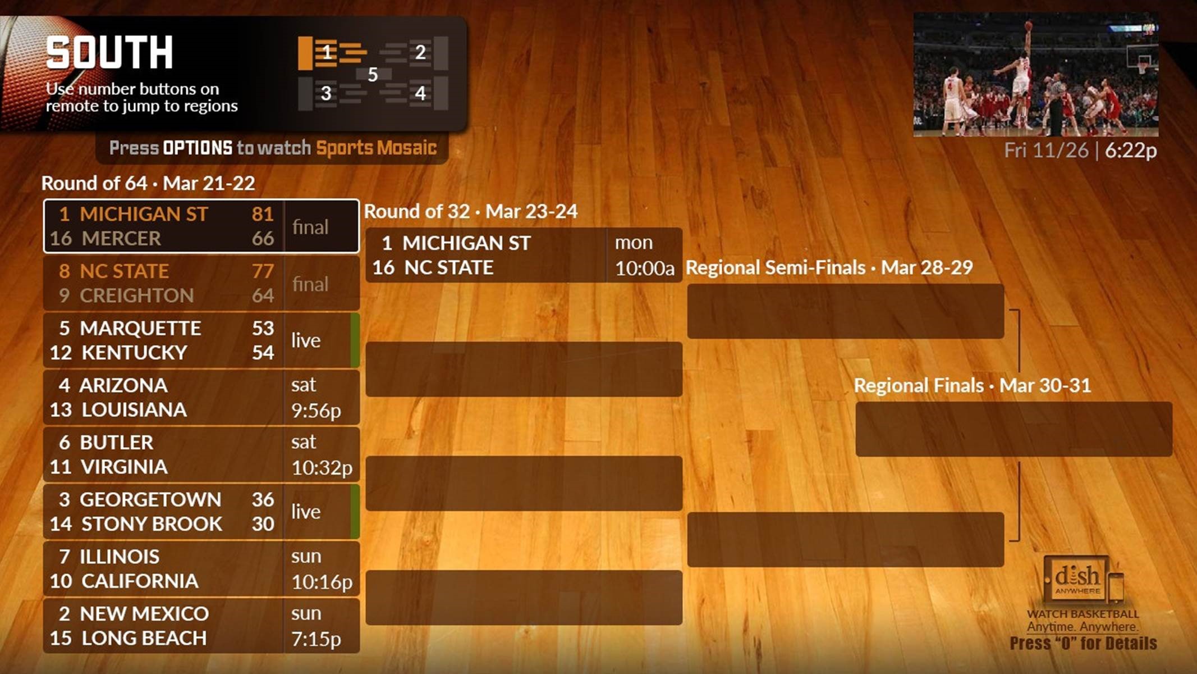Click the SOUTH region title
109,53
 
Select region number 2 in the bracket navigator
420,52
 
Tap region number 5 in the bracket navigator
373,75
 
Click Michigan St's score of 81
263,214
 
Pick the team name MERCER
121,239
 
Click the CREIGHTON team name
136,295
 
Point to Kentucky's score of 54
263,353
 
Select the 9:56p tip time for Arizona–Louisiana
316,411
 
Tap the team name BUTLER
116,443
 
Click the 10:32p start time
322,468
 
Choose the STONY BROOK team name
152,524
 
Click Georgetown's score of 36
263,499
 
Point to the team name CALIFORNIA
140,581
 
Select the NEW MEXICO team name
144,614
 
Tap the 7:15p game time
316,639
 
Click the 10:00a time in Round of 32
644,268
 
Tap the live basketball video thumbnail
1035,75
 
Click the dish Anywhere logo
1077,579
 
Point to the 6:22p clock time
1130,151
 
